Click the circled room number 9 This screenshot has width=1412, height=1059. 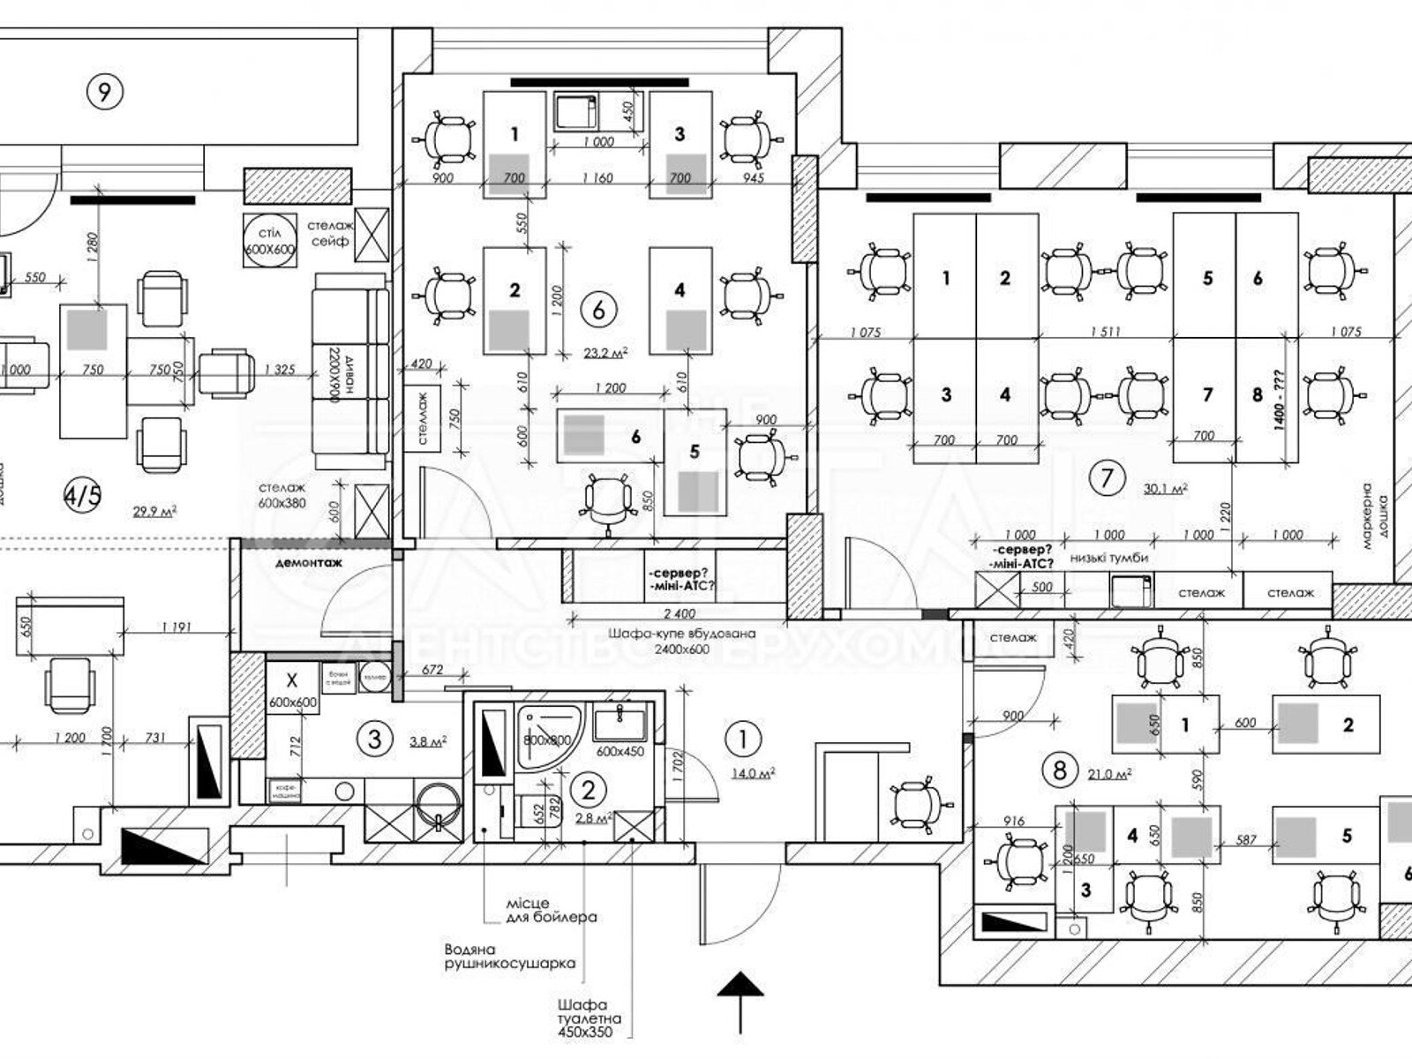pos(104,91)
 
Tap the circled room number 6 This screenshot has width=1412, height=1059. pos(599,310)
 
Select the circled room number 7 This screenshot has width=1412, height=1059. pos(1108,478)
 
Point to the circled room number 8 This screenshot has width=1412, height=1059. pos(1059,770)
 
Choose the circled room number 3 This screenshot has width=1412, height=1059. pos(374,738)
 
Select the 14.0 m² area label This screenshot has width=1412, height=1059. pos(753,773)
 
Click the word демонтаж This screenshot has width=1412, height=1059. pos(308,562)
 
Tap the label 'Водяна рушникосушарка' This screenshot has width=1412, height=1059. pos(509,957)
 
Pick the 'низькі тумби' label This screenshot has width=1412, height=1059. pos(1108,558)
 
